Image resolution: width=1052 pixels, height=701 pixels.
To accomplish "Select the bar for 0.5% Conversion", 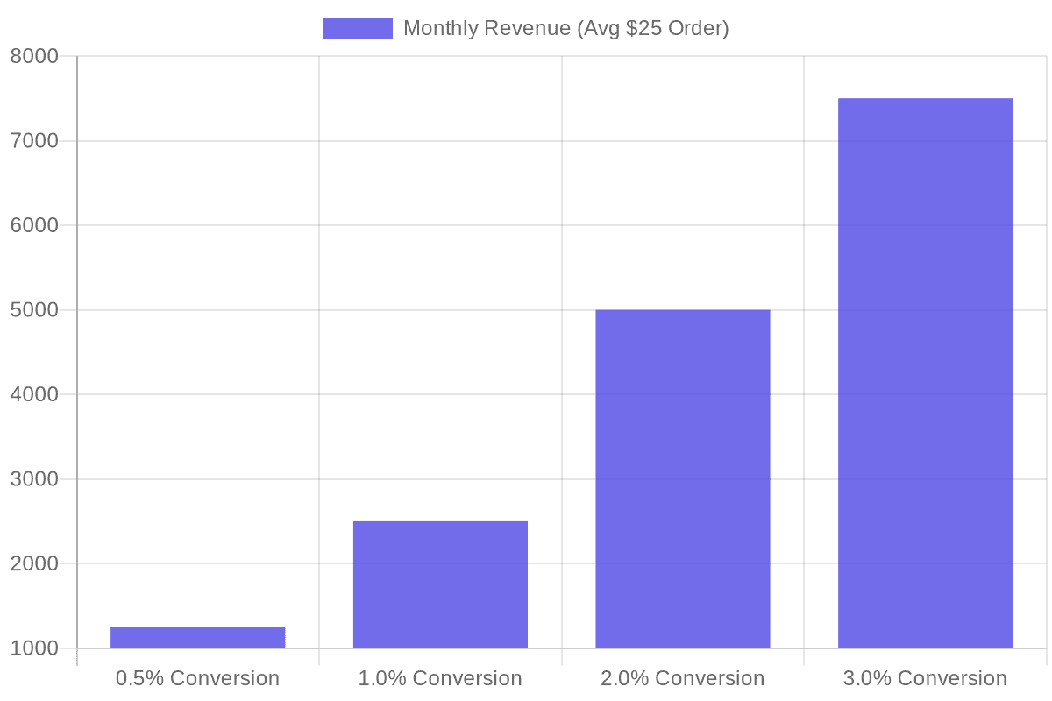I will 197,638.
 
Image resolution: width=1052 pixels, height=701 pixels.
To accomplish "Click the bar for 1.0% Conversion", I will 440,584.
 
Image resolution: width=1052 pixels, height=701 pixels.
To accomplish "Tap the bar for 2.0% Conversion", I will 683,478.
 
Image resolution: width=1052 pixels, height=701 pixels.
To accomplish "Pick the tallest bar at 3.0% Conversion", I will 925,373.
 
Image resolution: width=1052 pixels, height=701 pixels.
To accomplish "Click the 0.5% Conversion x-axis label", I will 197,678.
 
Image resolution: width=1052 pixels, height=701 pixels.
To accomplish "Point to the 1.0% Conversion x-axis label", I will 440,678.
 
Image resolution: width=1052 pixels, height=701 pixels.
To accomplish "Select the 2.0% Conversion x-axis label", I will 683,678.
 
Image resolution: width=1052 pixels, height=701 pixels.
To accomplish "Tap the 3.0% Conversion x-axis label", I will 925,678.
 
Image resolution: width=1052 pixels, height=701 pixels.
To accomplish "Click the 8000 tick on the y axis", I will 34,57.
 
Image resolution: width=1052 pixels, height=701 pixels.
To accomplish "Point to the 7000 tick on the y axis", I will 34,141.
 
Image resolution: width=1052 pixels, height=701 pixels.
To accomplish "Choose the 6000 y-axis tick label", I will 34,226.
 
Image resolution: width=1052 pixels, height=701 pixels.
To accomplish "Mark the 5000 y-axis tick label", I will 34,310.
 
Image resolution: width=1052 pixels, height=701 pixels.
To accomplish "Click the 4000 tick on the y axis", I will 34,395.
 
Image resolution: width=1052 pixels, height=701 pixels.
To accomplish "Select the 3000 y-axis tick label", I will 34,479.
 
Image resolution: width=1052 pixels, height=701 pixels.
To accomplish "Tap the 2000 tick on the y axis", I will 34,564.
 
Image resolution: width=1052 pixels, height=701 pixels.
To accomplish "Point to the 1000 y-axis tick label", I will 34,648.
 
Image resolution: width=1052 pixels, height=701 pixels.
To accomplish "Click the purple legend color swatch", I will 357,28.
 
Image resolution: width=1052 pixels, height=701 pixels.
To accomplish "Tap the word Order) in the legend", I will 699,28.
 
